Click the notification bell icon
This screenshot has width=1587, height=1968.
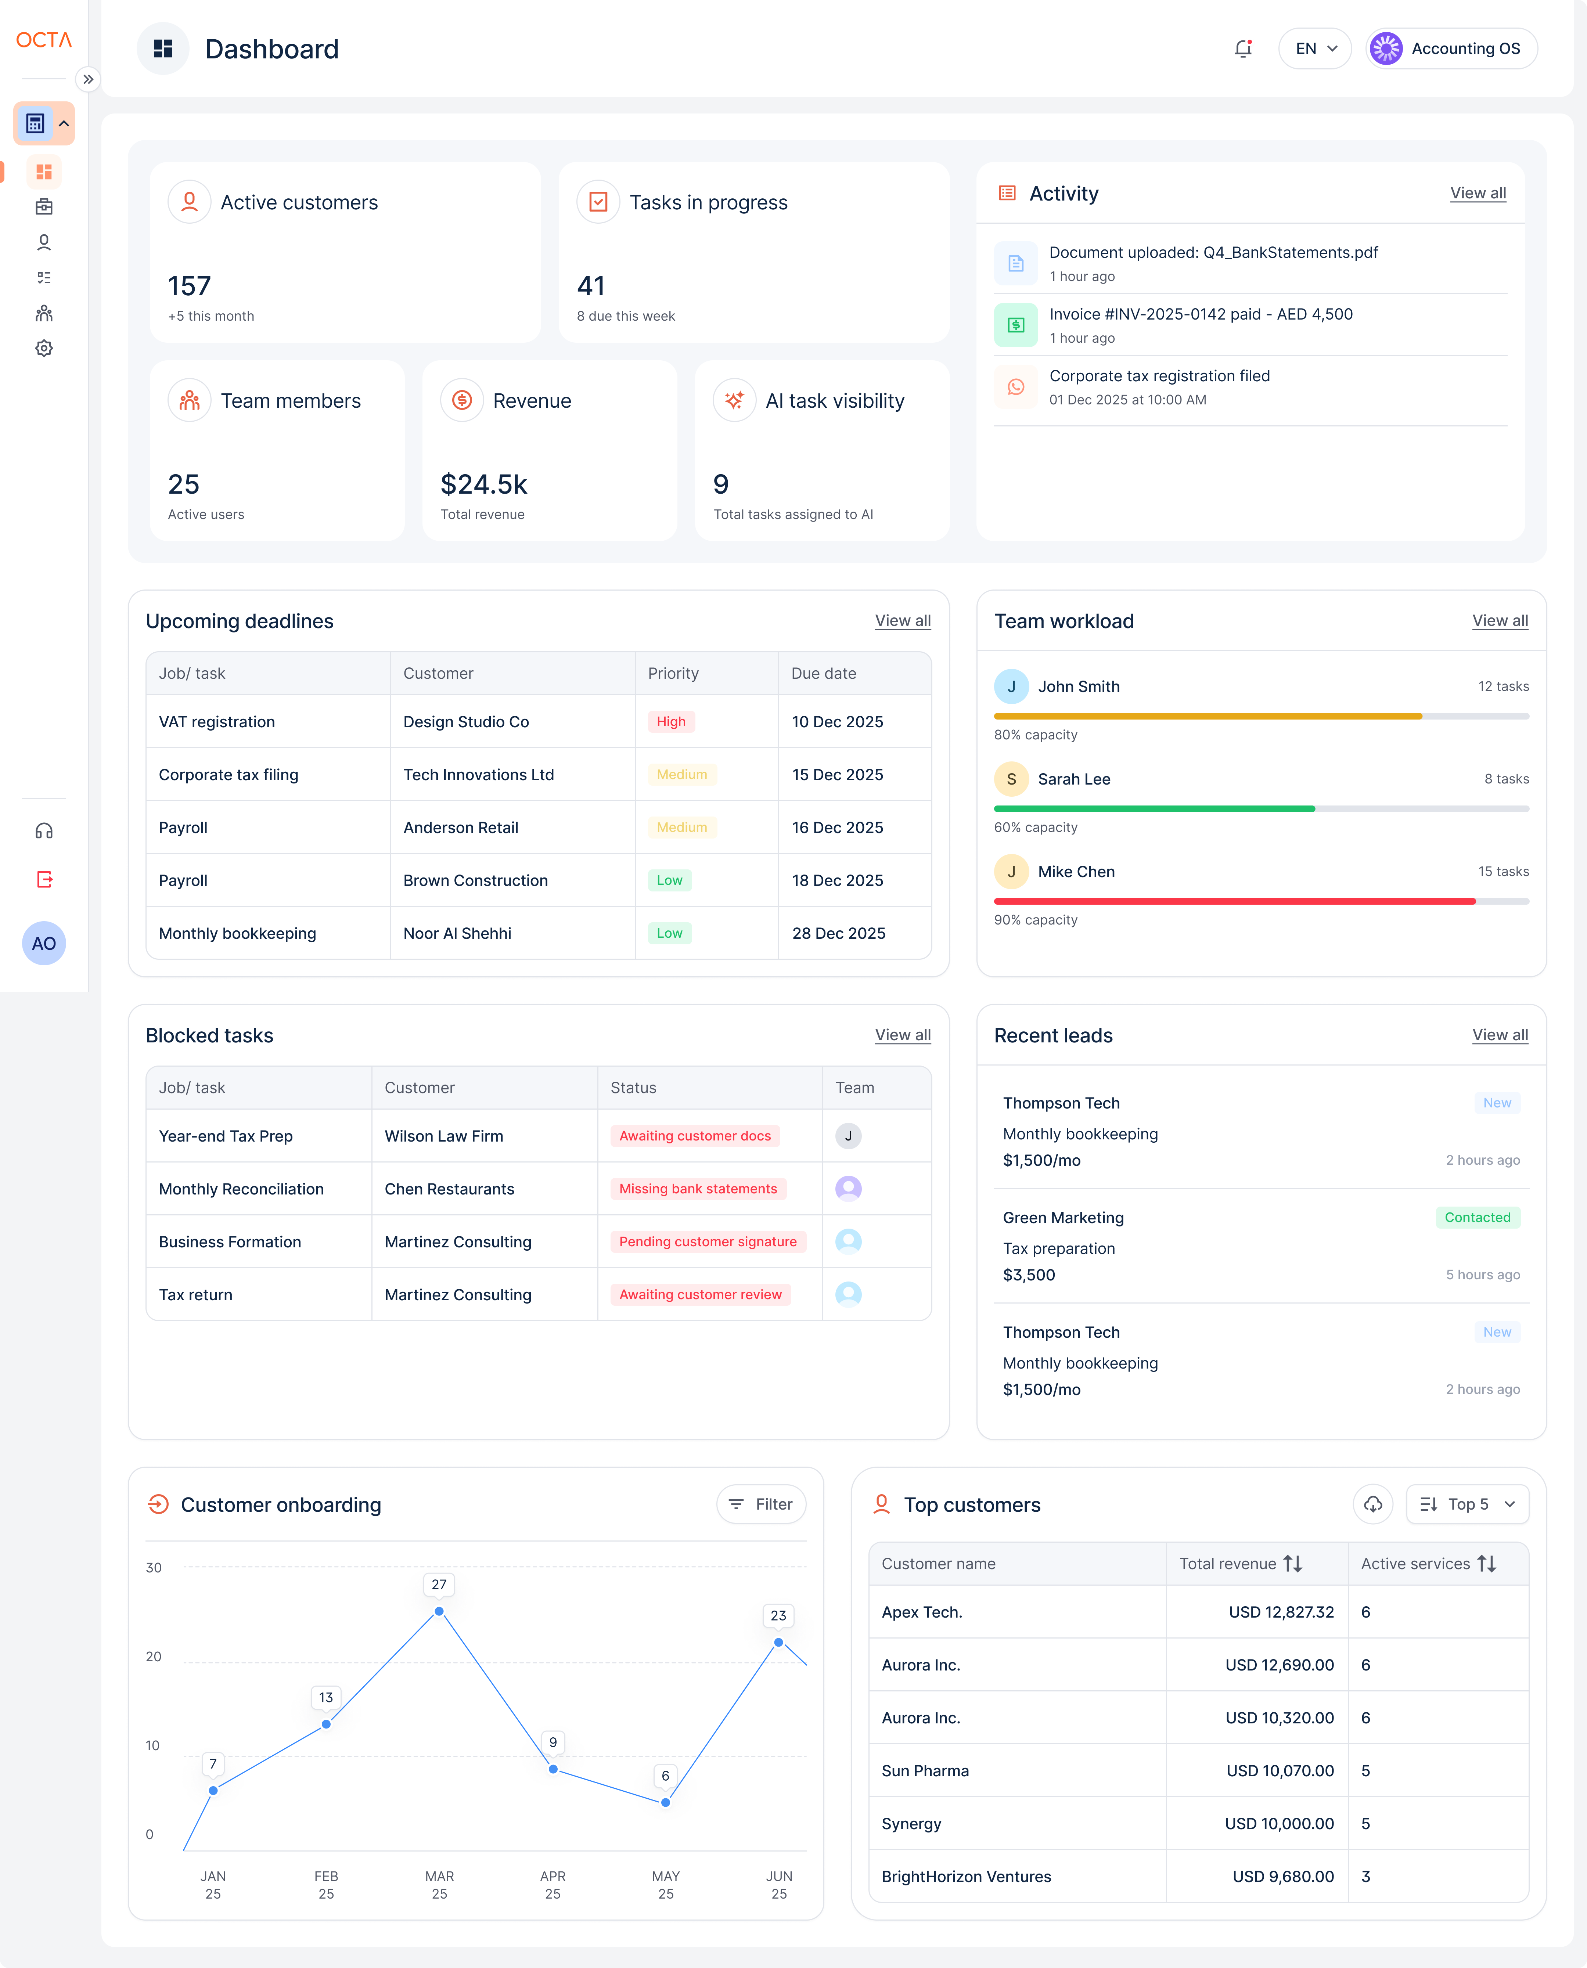pos(1242,48)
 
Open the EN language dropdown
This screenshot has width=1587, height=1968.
pos(1314,48)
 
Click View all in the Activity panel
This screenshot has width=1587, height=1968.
pos(1477,193)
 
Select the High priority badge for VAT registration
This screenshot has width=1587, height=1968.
pos(670,721)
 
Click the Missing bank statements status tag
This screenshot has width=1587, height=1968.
pos(698,1188)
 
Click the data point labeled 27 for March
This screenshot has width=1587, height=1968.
pos(439,1611)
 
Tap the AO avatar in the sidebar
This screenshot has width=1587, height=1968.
pos(44,943)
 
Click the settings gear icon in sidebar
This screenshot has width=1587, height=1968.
pos(44,348)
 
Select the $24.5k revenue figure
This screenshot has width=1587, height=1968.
pos(483,483)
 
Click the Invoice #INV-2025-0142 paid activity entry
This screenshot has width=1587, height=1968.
pos(1200,324)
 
